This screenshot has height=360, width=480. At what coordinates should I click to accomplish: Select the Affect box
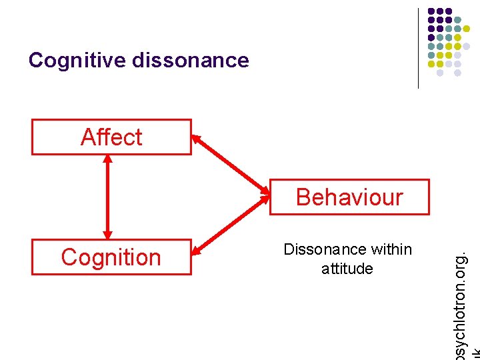pos(111,137)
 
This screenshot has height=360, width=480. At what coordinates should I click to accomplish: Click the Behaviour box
pos(349,197)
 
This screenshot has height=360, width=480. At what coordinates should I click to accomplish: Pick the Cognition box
pos(111,257)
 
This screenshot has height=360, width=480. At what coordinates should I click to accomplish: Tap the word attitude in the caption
pos(347,269)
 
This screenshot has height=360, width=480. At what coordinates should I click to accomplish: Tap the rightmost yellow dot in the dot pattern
pos(467,29)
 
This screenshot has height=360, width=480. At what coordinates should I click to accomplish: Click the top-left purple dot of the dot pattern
pos(431,11)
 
